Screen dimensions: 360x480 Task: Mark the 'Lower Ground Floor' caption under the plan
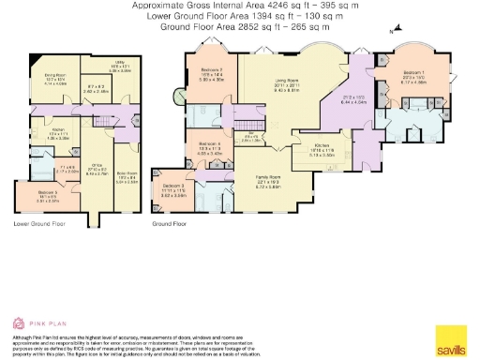39,224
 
